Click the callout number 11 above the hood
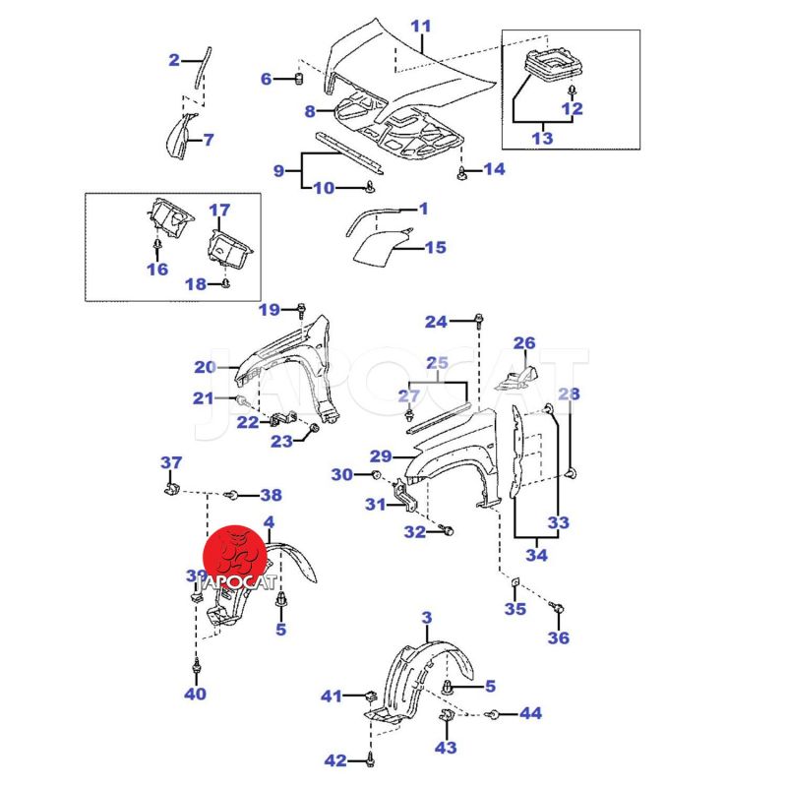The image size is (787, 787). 421,28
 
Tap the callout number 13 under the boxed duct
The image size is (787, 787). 542,139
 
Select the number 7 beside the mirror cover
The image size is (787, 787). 209,140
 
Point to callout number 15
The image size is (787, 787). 435,248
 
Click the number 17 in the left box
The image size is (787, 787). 219,211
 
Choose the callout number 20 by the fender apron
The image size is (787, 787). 205,367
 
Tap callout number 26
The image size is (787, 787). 524,343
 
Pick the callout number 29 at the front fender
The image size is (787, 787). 381,455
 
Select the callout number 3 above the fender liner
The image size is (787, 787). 426,619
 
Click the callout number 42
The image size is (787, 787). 335,760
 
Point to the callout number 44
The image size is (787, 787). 530,712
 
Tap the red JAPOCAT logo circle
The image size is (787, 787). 237,557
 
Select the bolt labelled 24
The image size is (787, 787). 479,320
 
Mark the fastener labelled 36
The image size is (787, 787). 557,607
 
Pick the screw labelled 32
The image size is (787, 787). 450,531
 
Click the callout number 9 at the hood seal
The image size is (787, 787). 279,171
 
